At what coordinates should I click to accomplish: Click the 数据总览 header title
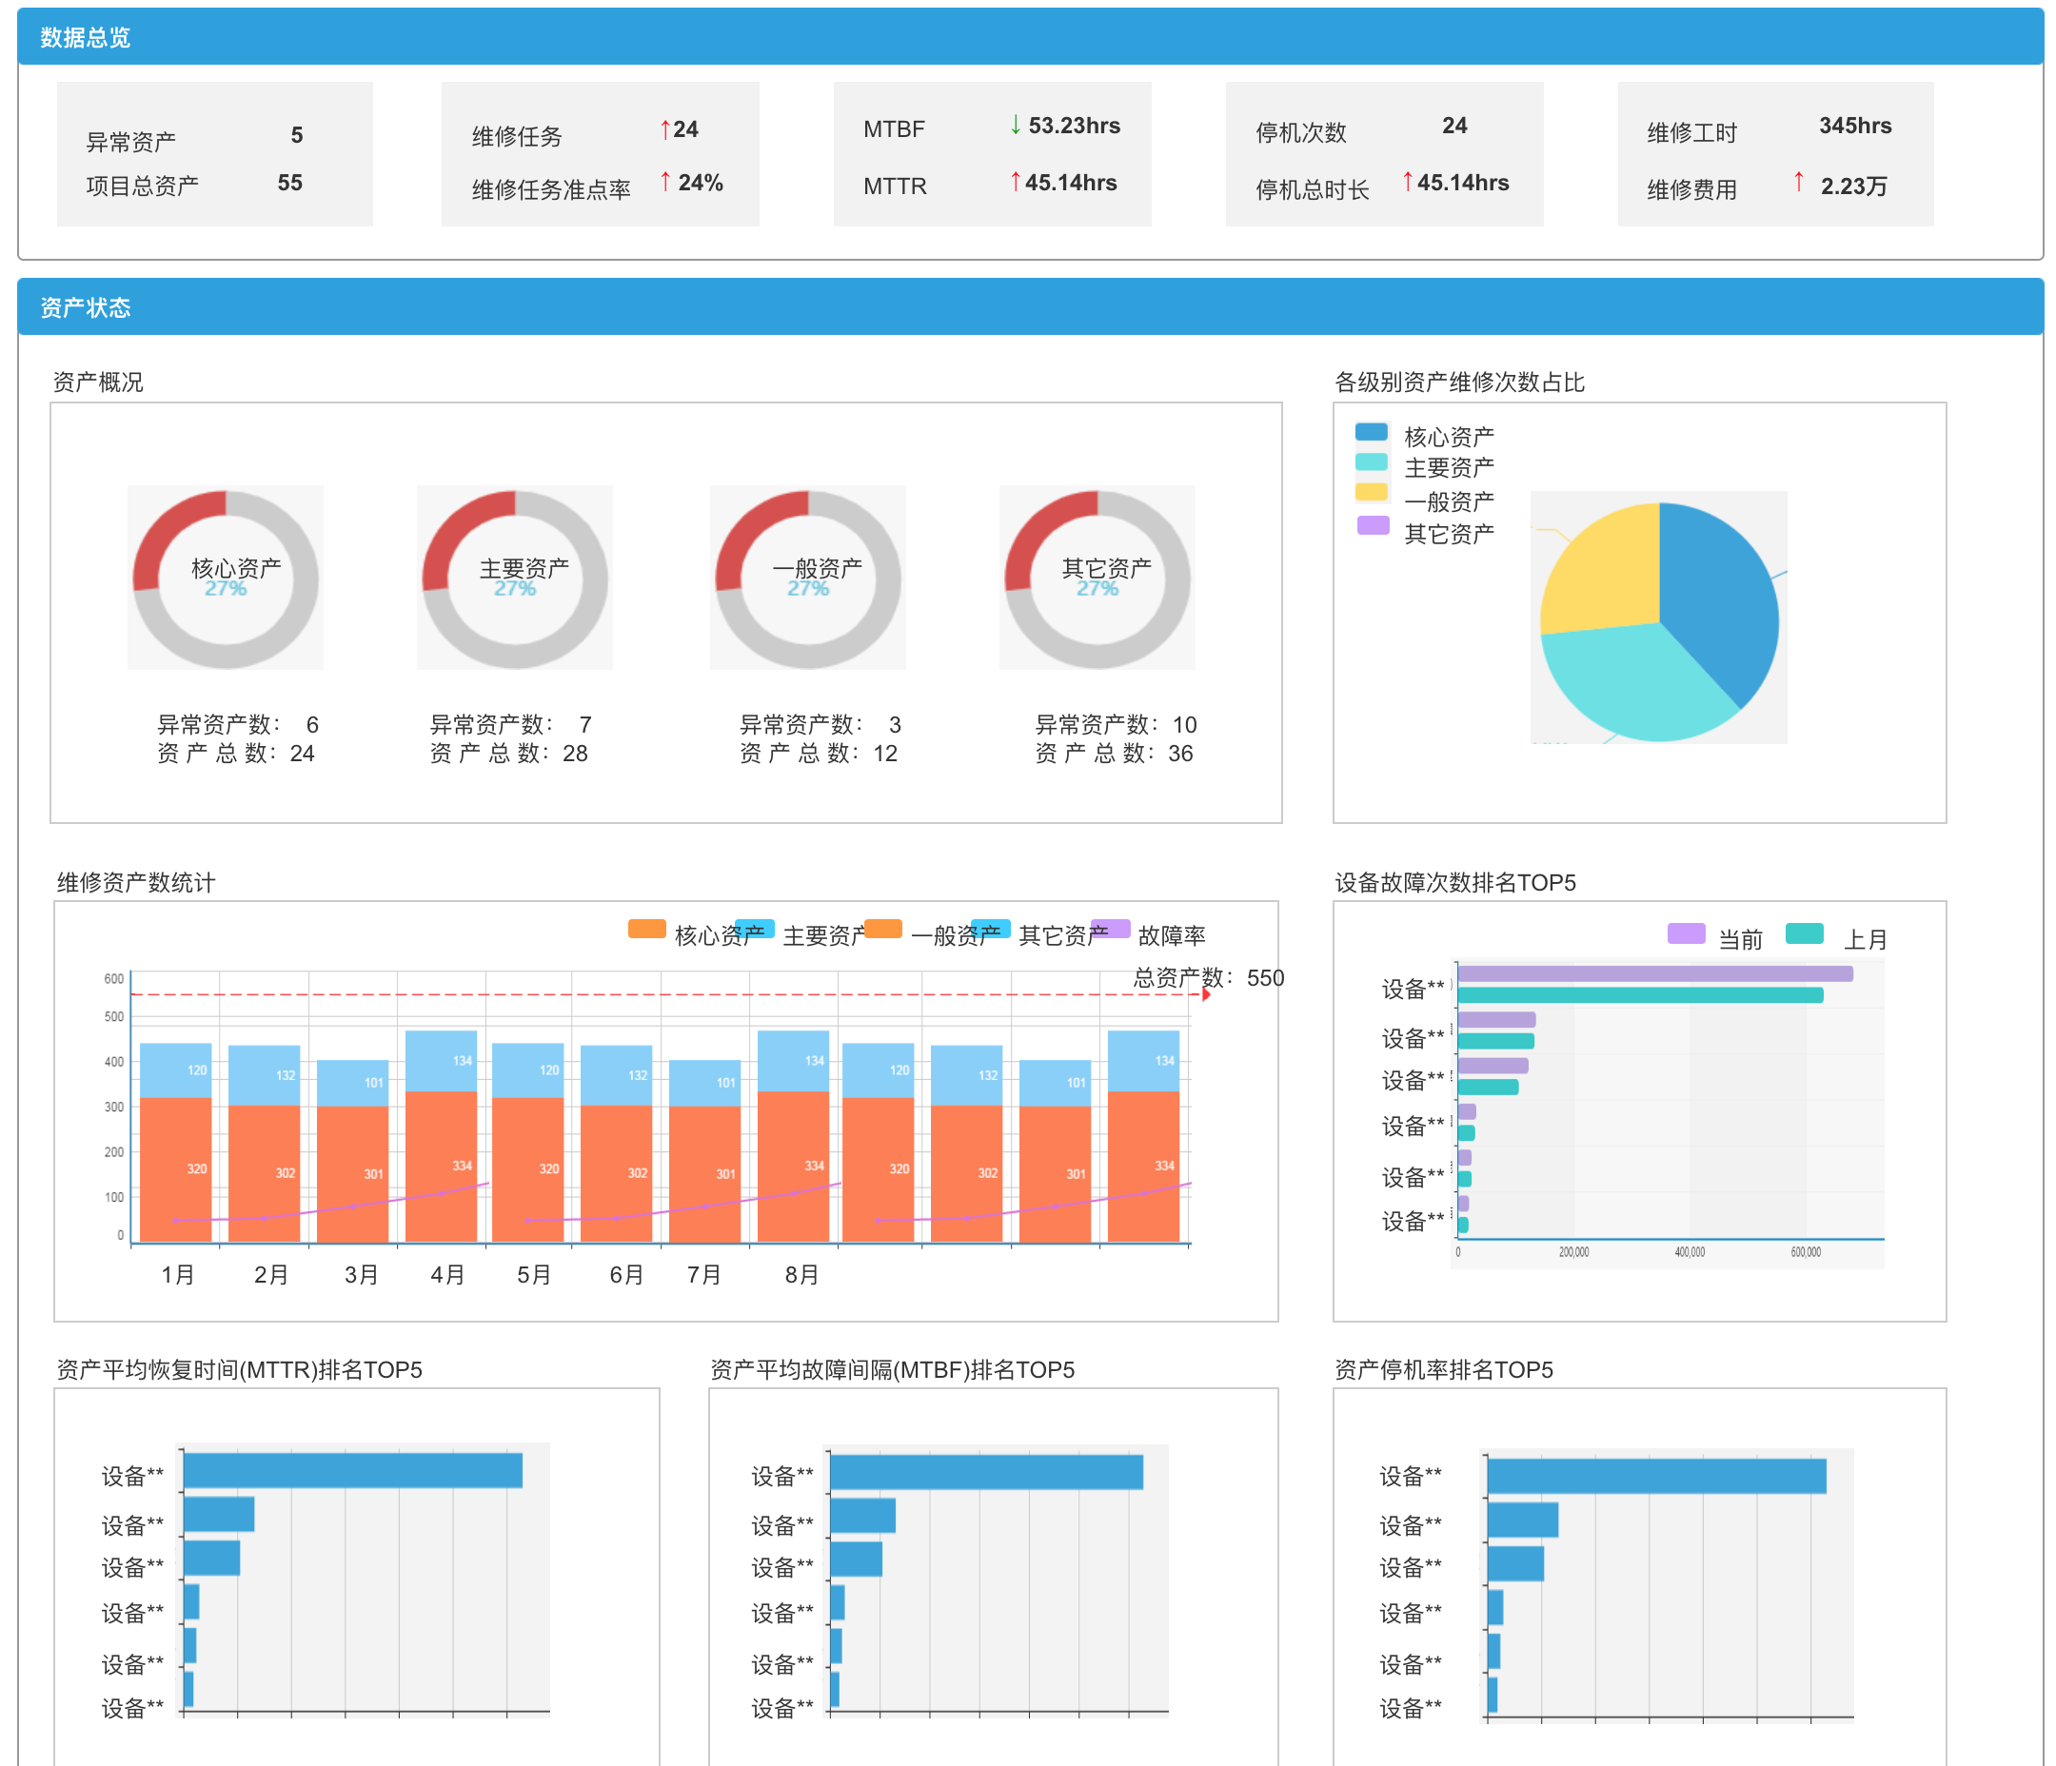pyautogui.click(x=86, y=38)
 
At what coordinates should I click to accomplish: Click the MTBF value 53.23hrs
pyautogui.click(x=1074, y=126)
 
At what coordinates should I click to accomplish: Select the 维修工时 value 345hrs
pyautogui.click(x=1854, y=126)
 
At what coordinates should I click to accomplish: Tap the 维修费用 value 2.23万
pyautogui.click(x=1853, y=186)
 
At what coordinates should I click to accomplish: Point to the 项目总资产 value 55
pyautogui.click(x=289, y=184)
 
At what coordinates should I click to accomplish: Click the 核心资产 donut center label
pyautogui.click(x=235, y=568)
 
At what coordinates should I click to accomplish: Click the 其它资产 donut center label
pyautogui.click(x=1105, y=568)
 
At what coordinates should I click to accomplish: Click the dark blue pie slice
pyautogui.click(x=1716, y=596)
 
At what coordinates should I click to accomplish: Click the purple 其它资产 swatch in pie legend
pyautogui.click(x=1373, y=526)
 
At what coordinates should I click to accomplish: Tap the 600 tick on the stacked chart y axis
pyautogui.click(x=114, y=979)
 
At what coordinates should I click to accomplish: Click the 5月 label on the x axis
pyautogui.click(x=534, y=1275)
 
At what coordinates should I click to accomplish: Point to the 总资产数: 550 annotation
pyautogui.click(x=1208, y=978)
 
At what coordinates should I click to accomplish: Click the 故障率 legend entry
pyautogui.click(x=1171, y=935)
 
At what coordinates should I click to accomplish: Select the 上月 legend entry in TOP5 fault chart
pyautogui.click(x=1865, y=939)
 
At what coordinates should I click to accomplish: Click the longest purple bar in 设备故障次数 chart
pyautogui.click(x=1654, y=974)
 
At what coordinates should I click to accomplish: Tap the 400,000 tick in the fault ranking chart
pyautogui.click(x=1689, y=1253)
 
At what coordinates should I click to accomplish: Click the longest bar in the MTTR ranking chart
pyautogui.click(x=352, y=1470)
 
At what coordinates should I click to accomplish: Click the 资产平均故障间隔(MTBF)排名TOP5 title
pyautogui.click(x=892, y=1370)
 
